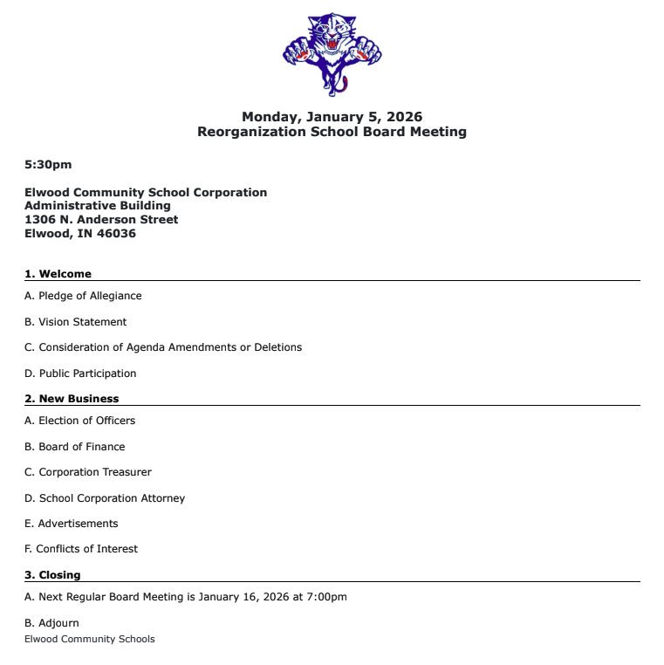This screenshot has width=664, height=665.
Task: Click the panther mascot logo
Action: (332, 52)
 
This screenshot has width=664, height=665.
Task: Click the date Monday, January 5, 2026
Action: (332, 117)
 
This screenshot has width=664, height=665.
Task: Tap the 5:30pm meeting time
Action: (48, 164)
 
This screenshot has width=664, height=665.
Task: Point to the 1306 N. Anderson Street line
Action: (101, 220)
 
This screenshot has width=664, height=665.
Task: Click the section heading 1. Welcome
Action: (58, 274)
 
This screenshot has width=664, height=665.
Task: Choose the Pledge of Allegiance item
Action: (90, 296)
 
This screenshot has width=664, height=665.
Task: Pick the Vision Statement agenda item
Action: (83, 322)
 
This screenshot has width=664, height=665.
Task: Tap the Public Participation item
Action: (87, 374)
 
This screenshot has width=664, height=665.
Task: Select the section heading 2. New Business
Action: (72, 399)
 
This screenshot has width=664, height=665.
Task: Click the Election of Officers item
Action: (87, 421)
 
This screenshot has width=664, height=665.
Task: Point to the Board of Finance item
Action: (82, 447)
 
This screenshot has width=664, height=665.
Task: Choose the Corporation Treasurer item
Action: (95, 472)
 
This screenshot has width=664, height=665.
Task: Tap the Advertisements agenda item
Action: (79, 524)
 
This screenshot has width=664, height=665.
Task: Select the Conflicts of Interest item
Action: (86, 549)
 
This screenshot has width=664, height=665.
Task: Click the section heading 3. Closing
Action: (52, 575)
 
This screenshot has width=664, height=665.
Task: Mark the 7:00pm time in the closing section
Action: (326, 597)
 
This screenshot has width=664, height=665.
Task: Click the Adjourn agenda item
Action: (58, 623)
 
